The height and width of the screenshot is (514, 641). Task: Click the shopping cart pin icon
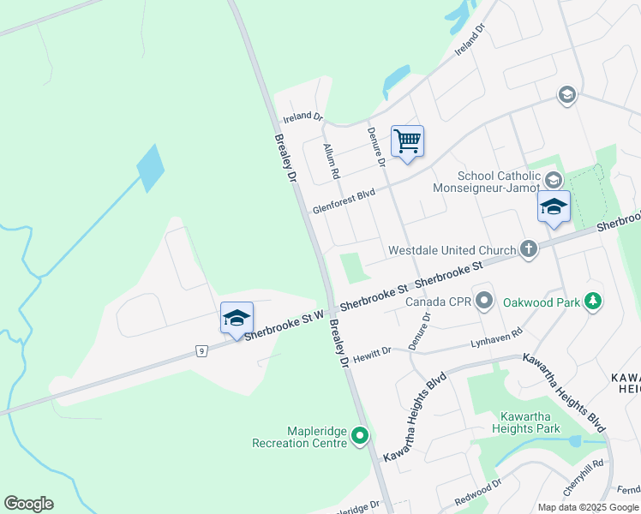(x=407, y=141)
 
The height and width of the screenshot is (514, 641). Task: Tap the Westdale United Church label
(x=452, y=251)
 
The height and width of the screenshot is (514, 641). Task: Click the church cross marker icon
(x=529, y=250)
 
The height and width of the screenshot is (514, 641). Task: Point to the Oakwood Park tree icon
(x=591, y=301)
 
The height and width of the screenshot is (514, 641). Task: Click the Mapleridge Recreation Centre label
(x=299, y=438)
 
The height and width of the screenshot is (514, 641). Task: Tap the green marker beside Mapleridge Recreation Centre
(x=360, y=437)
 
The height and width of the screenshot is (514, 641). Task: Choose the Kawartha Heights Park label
(x=525, y=422)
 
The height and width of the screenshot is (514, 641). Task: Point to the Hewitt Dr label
(x=373, y=351)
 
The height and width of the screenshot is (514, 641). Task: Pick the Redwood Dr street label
(x=477, y=492)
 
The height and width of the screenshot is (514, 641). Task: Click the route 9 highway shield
(x=201, y=350)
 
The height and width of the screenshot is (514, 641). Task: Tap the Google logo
(x=28, y=504)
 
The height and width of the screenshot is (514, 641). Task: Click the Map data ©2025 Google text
(x=588, y=507)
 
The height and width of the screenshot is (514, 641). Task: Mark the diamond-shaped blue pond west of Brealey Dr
(x=150, y=168)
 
